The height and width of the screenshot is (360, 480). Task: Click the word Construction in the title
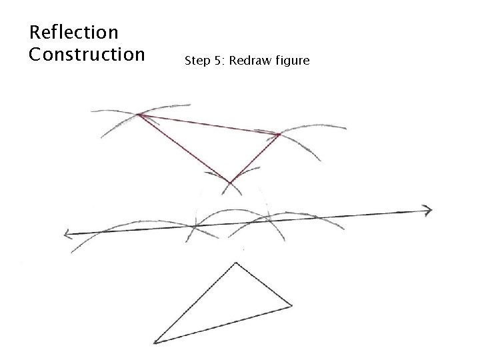[x=87, y=54]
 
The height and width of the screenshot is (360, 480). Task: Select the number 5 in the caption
[x=217, y=62]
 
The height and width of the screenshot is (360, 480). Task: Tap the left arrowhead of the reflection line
[x=68, y=233]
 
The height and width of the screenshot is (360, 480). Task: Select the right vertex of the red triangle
[x=279, y=135]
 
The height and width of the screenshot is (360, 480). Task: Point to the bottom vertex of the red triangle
[x=230, y=182]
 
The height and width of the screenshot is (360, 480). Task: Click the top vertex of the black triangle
[x=235, y=263]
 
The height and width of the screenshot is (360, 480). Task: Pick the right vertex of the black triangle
[x=291, y=307]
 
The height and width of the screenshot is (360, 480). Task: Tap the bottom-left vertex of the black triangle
[x=155, y=343]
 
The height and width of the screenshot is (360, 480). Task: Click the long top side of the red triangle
[x=209, y=125]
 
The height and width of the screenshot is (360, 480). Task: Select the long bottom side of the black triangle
[x=223, y=325]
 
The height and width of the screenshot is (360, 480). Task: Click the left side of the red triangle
[x=185, y=149]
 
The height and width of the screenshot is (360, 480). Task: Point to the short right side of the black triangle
[x=263, y=285]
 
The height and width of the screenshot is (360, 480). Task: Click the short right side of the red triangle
[x=255, y=159]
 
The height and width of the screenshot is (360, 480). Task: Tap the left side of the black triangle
[x=195, y=303]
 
